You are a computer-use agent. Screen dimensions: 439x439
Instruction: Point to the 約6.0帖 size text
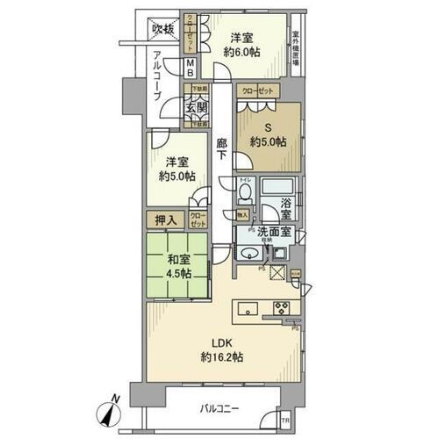pyautogui.click(x=243, y=53)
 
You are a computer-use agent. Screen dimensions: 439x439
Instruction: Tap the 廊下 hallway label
pyautogui.click(x=223, y=148)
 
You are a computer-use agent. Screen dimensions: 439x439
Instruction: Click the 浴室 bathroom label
pyautogui.click(x=286, y=206)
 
